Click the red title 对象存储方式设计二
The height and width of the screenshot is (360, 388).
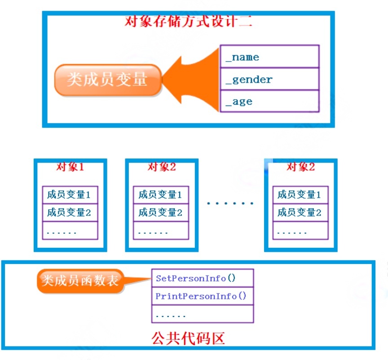[x=188, y=21]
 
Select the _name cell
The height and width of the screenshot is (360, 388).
[x=269, y=57]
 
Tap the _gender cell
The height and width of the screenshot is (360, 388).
[x=269, y=79]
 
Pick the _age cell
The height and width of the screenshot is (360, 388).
[x=269, y=101]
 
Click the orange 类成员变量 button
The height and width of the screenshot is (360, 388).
[x=107, y=80]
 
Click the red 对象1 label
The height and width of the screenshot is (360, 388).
[x=70, y=167]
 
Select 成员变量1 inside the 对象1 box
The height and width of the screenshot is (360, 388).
[x=70, y=195]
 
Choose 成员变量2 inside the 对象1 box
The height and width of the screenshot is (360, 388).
[x=70, y=212]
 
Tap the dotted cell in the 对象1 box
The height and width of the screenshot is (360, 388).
[x=70, y=231]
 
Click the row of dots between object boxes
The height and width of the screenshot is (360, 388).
[x=230, y=203]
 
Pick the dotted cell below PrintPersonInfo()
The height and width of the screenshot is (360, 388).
[x=202, y=314]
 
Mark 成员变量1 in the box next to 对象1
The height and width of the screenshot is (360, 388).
[x=161, y=195]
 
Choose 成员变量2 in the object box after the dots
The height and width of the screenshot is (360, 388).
[x=300, y=212]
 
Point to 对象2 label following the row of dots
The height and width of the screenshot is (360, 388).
[x=300, y=167]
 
